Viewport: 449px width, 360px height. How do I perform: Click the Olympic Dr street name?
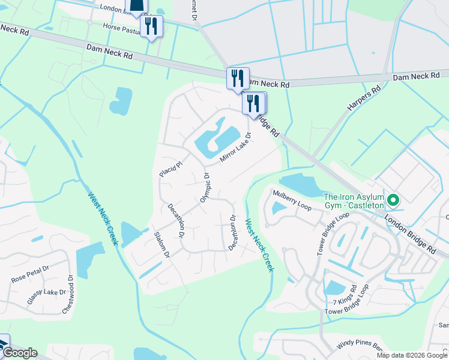tap(205, 188)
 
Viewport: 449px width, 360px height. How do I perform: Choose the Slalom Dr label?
tap(162, 245)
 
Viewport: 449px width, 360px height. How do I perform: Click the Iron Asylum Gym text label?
tap(354, 201)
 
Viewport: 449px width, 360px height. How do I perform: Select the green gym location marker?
tap(393, 199)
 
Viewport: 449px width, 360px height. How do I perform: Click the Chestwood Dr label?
tap(67, 294)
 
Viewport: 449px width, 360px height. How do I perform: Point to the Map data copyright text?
tap(412, 355)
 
